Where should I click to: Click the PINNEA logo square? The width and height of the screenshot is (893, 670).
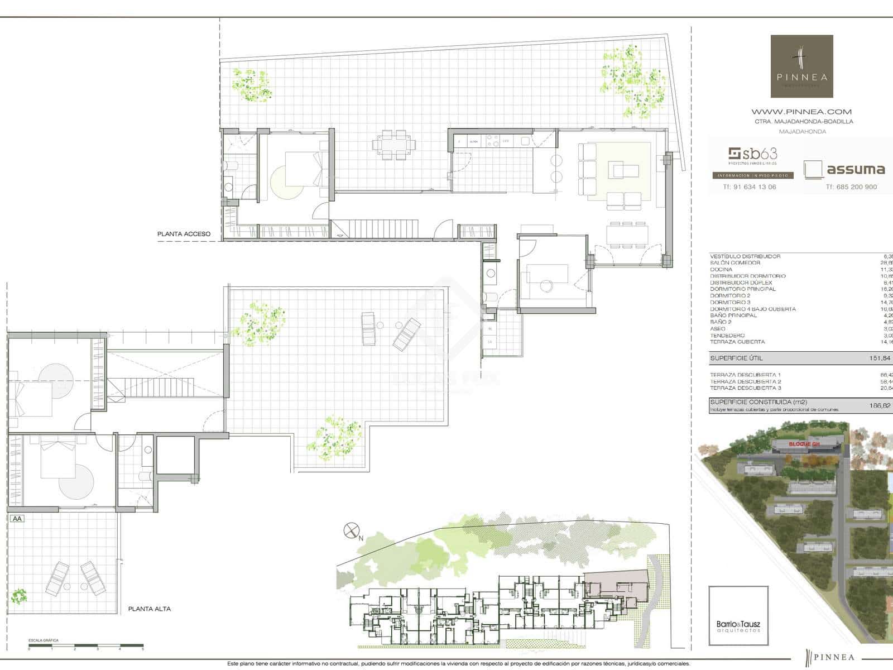click(801, 66)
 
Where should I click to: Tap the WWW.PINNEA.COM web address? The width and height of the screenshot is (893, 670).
click(801, 112)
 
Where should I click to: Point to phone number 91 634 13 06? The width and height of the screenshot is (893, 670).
click(749, 187)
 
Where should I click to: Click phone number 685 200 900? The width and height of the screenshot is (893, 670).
click(851, 187)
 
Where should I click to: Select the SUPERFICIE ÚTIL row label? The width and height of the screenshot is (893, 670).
click(736, 358)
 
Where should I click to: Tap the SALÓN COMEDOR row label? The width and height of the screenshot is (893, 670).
click(735, 263)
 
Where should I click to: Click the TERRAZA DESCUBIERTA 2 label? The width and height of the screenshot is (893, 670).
click(745, 381)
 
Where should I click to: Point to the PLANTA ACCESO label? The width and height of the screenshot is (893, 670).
click(184, 234)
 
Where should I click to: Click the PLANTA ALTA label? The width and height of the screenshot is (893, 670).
click(149, 609)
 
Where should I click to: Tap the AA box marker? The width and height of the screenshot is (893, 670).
click(17, 518)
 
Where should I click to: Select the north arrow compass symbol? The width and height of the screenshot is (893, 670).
click(351, 530)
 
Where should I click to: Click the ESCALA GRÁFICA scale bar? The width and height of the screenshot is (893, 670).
click(86, 647)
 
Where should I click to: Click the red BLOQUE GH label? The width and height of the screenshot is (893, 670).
click(804, 444)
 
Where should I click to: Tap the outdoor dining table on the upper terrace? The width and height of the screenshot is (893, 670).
click(395, 145)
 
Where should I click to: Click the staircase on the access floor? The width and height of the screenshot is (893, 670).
click(374, 228)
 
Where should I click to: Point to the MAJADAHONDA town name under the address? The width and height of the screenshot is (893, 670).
click(802, 132)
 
